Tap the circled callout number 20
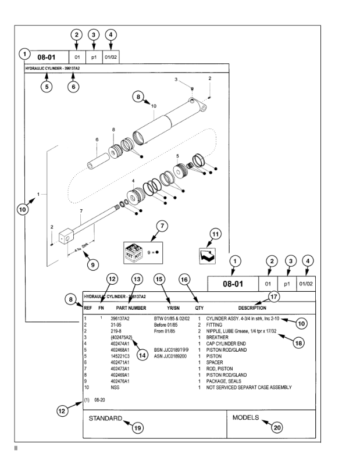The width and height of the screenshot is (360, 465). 277,427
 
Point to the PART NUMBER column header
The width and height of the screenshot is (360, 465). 131,307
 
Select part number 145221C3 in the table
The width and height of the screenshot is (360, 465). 123,356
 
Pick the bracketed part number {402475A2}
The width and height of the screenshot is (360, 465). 122,337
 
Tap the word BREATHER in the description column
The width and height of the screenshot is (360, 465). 219,337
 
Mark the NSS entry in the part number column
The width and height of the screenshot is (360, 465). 115,387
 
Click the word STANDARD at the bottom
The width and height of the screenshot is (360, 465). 105,418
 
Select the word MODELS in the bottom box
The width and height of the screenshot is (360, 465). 246,417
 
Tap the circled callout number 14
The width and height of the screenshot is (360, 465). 142,353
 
